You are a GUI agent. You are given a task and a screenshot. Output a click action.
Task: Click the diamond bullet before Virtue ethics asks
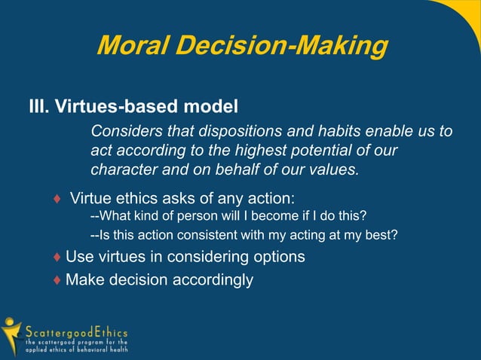pyautogui.click(x=57, y=200)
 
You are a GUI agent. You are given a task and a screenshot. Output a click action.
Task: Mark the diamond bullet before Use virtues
pyautogui.click(x=57, y=258)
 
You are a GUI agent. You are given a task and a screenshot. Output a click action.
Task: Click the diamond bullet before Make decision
pyautogui.click(x=57, y=281)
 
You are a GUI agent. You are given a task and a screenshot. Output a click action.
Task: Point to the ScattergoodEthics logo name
pyautogui.click(x=76, y=332)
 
